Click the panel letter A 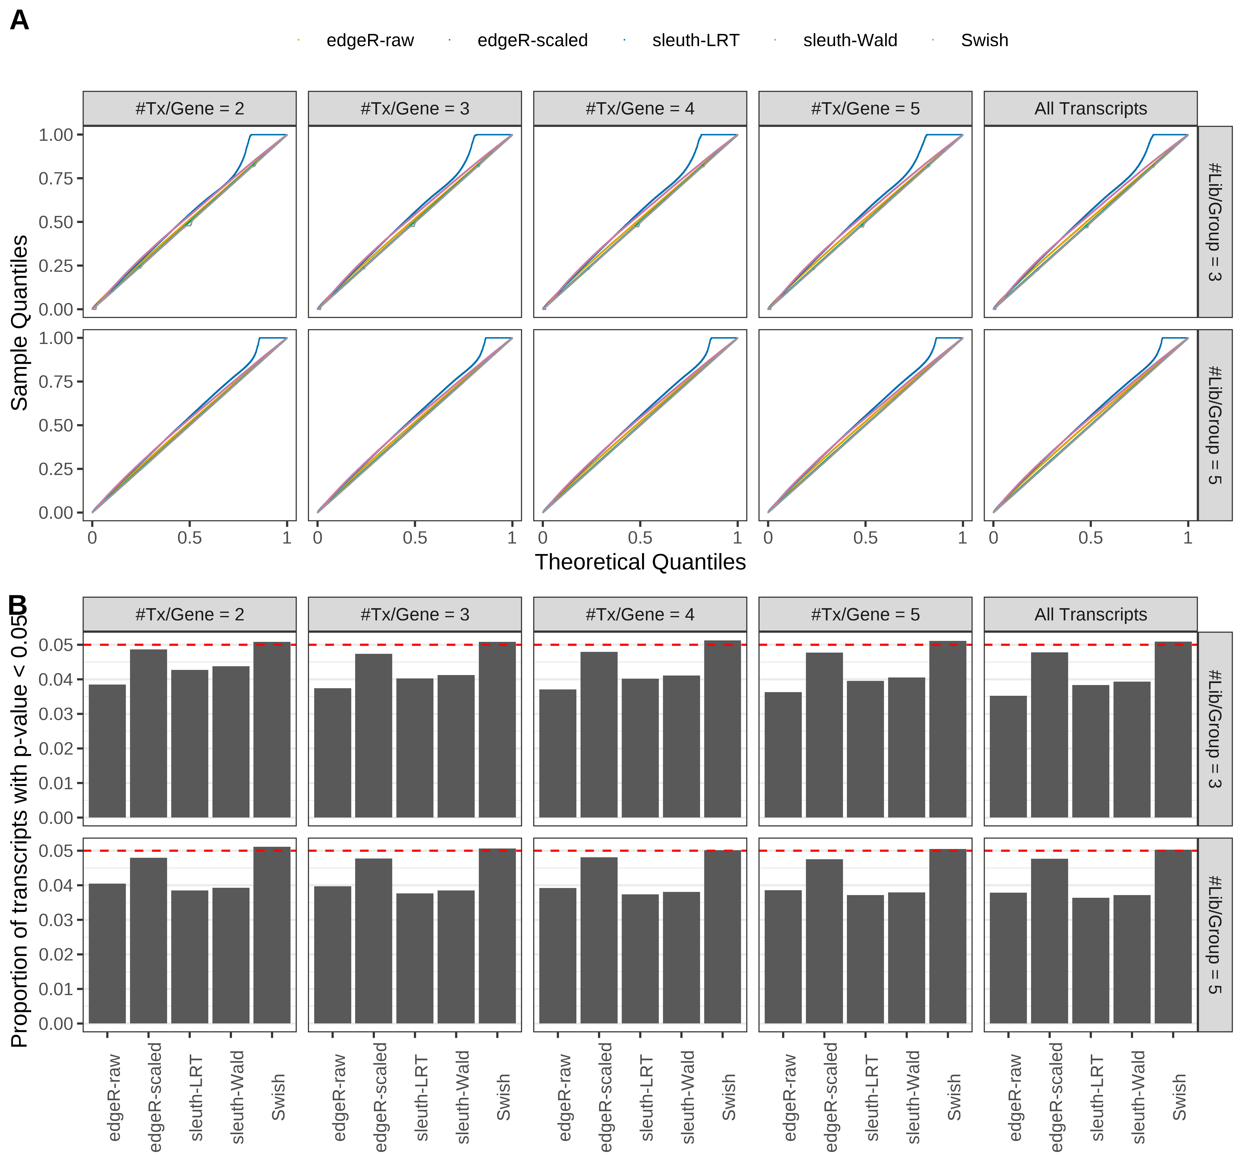[20, 21]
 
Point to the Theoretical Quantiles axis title [640, 562]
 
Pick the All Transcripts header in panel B [1090, 615]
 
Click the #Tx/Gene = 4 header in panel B [640, 615]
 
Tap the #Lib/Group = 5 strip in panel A [1214, 425]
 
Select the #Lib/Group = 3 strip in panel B [1214, 728]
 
